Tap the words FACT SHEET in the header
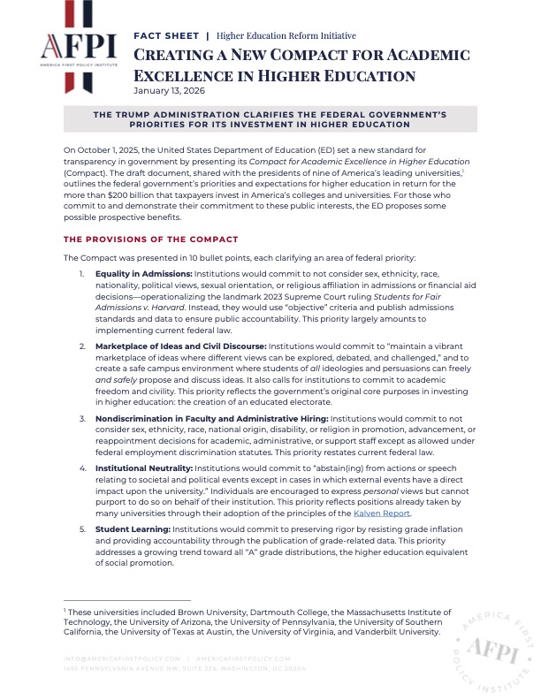pos(165,35)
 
